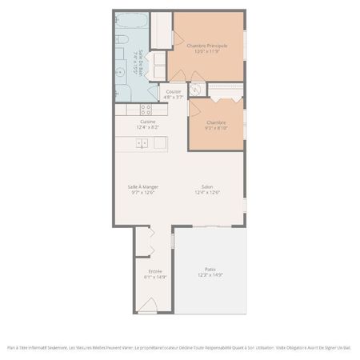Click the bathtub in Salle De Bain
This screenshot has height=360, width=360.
tap(132, 21)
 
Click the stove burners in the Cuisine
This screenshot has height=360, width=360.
tap(146, 110)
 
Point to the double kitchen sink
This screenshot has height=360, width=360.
tap(142, 143)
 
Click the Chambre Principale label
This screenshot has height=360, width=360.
tap(207, 46)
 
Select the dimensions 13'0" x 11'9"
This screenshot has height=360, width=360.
tap(207, 52)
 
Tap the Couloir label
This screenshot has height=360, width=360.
tap(174, 92)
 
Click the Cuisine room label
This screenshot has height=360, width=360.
tap(147, 122)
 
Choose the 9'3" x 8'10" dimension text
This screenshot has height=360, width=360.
tap(216, 128)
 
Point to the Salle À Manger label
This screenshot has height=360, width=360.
tap(142, 186)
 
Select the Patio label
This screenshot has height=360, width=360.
tap(210, 269)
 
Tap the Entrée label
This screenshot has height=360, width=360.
tap(154, 271)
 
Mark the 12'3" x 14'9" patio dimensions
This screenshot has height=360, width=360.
tap(210, 275)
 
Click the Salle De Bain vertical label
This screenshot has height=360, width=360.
tap(142, 62)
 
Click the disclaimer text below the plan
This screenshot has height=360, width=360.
tap(179, 347)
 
